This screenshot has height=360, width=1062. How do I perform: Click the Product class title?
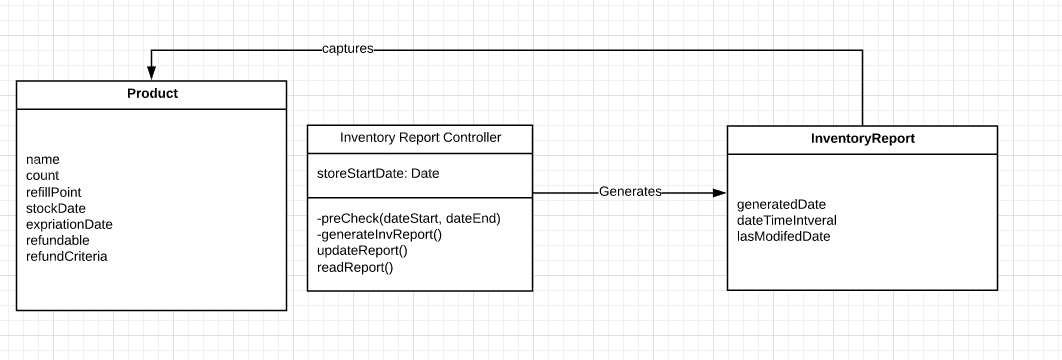point(152,94)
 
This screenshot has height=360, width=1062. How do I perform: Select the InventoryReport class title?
point(861,140)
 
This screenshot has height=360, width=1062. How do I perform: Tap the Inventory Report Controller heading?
point(420,138)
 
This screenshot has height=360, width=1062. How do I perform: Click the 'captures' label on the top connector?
point(348,48)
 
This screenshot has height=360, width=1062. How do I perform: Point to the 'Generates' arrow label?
point(630,191)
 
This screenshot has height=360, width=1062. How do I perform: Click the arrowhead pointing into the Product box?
point(151,73)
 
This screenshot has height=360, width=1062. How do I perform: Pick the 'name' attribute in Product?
point(43,159)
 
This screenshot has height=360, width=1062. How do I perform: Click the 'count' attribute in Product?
point(43,175)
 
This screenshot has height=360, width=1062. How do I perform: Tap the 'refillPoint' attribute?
point(54,191)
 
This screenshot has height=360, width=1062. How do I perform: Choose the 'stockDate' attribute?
point(56,208)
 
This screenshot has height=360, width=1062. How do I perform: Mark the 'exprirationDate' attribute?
point(69,224)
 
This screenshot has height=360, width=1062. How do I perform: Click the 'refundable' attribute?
point(57,240)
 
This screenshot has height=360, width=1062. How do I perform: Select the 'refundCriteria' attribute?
point(66,256)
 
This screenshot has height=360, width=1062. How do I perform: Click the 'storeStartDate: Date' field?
point(378,174)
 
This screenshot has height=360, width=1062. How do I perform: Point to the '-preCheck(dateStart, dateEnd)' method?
point(408,218)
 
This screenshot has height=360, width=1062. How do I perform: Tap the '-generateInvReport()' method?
point(379,235)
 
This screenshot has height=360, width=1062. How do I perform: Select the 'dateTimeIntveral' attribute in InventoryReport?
point(786,220)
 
